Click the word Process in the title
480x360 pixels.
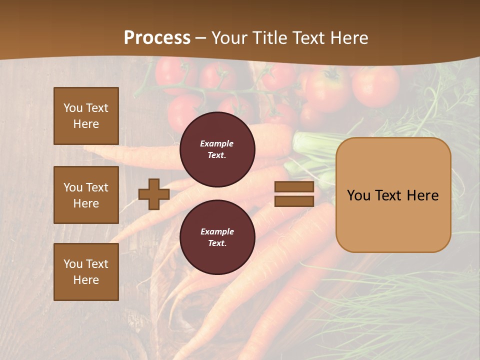[157, 38]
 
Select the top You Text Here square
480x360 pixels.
[86, 116]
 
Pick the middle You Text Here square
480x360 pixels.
[86, 195]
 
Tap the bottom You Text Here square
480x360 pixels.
[86, 272]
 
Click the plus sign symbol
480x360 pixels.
[154, 194]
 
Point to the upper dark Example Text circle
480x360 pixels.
[217, 149]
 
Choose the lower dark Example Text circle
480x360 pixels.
[217, 237]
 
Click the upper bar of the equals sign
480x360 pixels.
[294, 186]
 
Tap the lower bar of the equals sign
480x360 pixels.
[294, 201]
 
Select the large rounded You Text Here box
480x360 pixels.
[393, 195]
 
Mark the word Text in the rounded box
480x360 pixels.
[390, 195]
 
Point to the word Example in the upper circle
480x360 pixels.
[217, 143]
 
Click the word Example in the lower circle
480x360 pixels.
[217, 231]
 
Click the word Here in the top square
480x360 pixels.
[86, 124]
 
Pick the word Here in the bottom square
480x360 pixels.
[86, 280]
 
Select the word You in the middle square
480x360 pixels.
[73, 187]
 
